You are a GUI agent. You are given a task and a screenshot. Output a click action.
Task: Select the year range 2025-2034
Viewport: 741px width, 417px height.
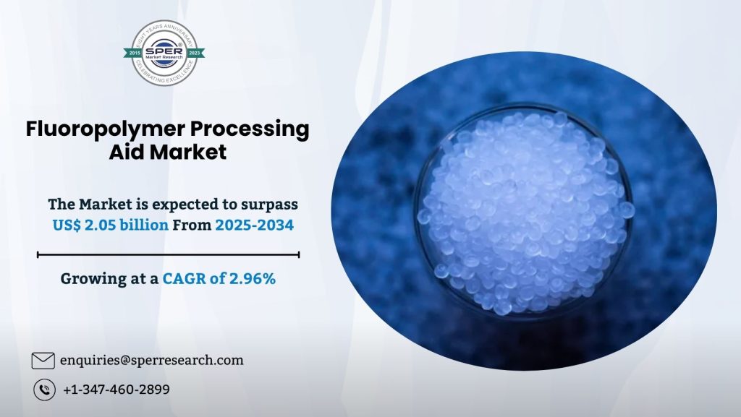pyautogui.click(x=254, y=225)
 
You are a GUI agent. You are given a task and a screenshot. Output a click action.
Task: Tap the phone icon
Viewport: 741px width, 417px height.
pyautogui.click(x=44, y=390)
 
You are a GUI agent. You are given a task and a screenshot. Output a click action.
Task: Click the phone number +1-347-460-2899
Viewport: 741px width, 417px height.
pyautogui.click(x=117, y=390)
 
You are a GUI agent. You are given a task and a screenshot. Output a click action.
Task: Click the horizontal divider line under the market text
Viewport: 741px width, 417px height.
pyautogui.click(x=168, y=254)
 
